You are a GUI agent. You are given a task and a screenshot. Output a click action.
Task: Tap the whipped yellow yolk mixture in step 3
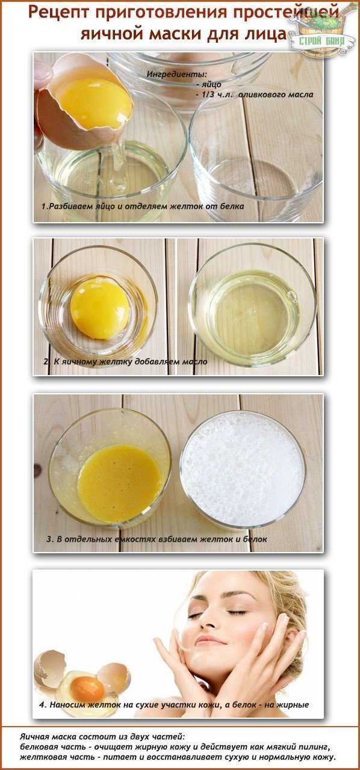point(120,483)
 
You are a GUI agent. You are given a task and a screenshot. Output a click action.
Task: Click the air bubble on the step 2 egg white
point(292,295)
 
